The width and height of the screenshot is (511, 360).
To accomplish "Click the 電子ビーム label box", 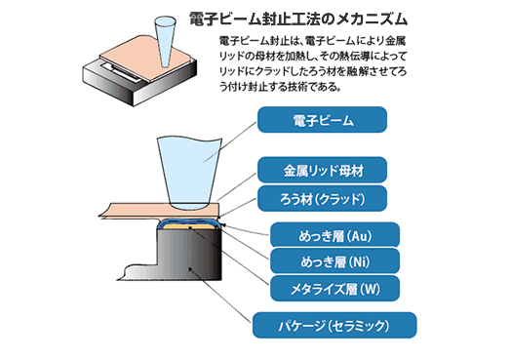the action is coord(322,120).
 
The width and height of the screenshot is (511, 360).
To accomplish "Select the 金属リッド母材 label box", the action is coord(322,170).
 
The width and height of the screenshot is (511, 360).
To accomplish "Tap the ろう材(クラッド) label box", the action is coord(322,199).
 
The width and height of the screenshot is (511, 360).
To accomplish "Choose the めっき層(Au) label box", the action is coord(334,235).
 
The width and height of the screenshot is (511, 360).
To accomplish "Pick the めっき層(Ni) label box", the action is coord(334,261).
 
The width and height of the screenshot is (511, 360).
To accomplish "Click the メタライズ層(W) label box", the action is coord(334,288).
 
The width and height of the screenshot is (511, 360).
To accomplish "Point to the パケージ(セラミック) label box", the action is coord(334,325).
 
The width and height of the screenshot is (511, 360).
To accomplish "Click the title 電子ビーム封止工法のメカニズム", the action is coord(298,19).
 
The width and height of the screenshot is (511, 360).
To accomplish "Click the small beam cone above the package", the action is coord(165,41).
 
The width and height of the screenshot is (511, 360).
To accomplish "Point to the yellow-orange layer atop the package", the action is coord(188,226).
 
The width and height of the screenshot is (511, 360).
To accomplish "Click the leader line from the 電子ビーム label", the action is coord(230,141).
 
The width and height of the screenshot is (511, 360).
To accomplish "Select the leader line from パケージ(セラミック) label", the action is coord(220,296).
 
